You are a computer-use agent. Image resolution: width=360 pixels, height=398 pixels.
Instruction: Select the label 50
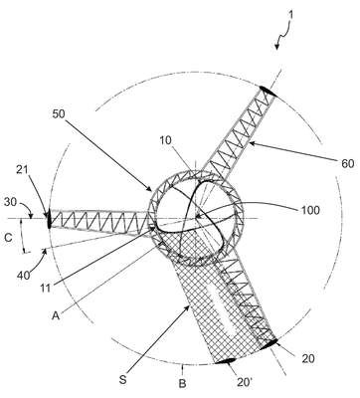[x=59, y=113]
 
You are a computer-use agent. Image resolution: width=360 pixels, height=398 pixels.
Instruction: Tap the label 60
[x=347, y=163]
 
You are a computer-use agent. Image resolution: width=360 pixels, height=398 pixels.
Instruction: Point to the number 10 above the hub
[x=165, y=140]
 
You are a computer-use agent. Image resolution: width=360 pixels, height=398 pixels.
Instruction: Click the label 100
[x=310, y=210]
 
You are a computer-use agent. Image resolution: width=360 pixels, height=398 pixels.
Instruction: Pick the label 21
[x=22, y=170]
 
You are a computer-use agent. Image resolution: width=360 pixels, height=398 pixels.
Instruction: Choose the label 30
[x=10, y=202]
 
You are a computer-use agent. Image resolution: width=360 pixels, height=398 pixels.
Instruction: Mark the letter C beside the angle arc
[x=9, y=238]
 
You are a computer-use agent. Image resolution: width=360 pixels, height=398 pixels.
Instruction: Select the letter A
[x=56, y=315]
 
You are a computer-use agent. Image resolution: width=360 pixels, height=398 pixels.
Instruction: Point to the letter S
[x=123, y=380]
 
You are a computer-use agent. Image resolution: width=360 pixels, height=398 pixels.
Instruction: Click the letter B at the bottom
[x=183, y=384]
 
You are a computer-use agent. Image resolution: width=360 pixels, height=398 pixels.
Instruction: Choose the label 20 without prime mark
[x=308, y=358]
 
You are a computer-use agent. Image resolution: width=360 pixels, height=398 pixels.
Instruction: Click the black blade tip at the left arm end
[x=50, y=219]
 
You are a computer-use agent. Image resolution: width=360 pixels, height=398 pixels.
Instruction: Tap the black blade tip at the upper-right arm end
[x=268, y=91]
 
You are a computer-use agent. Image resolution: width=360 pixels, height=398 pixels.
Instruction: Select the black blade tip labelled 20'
[x=226, y=361]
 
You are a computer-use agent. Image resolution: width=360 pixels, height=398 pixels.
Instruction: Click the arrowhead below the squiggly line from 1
[x=276, y=47]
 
